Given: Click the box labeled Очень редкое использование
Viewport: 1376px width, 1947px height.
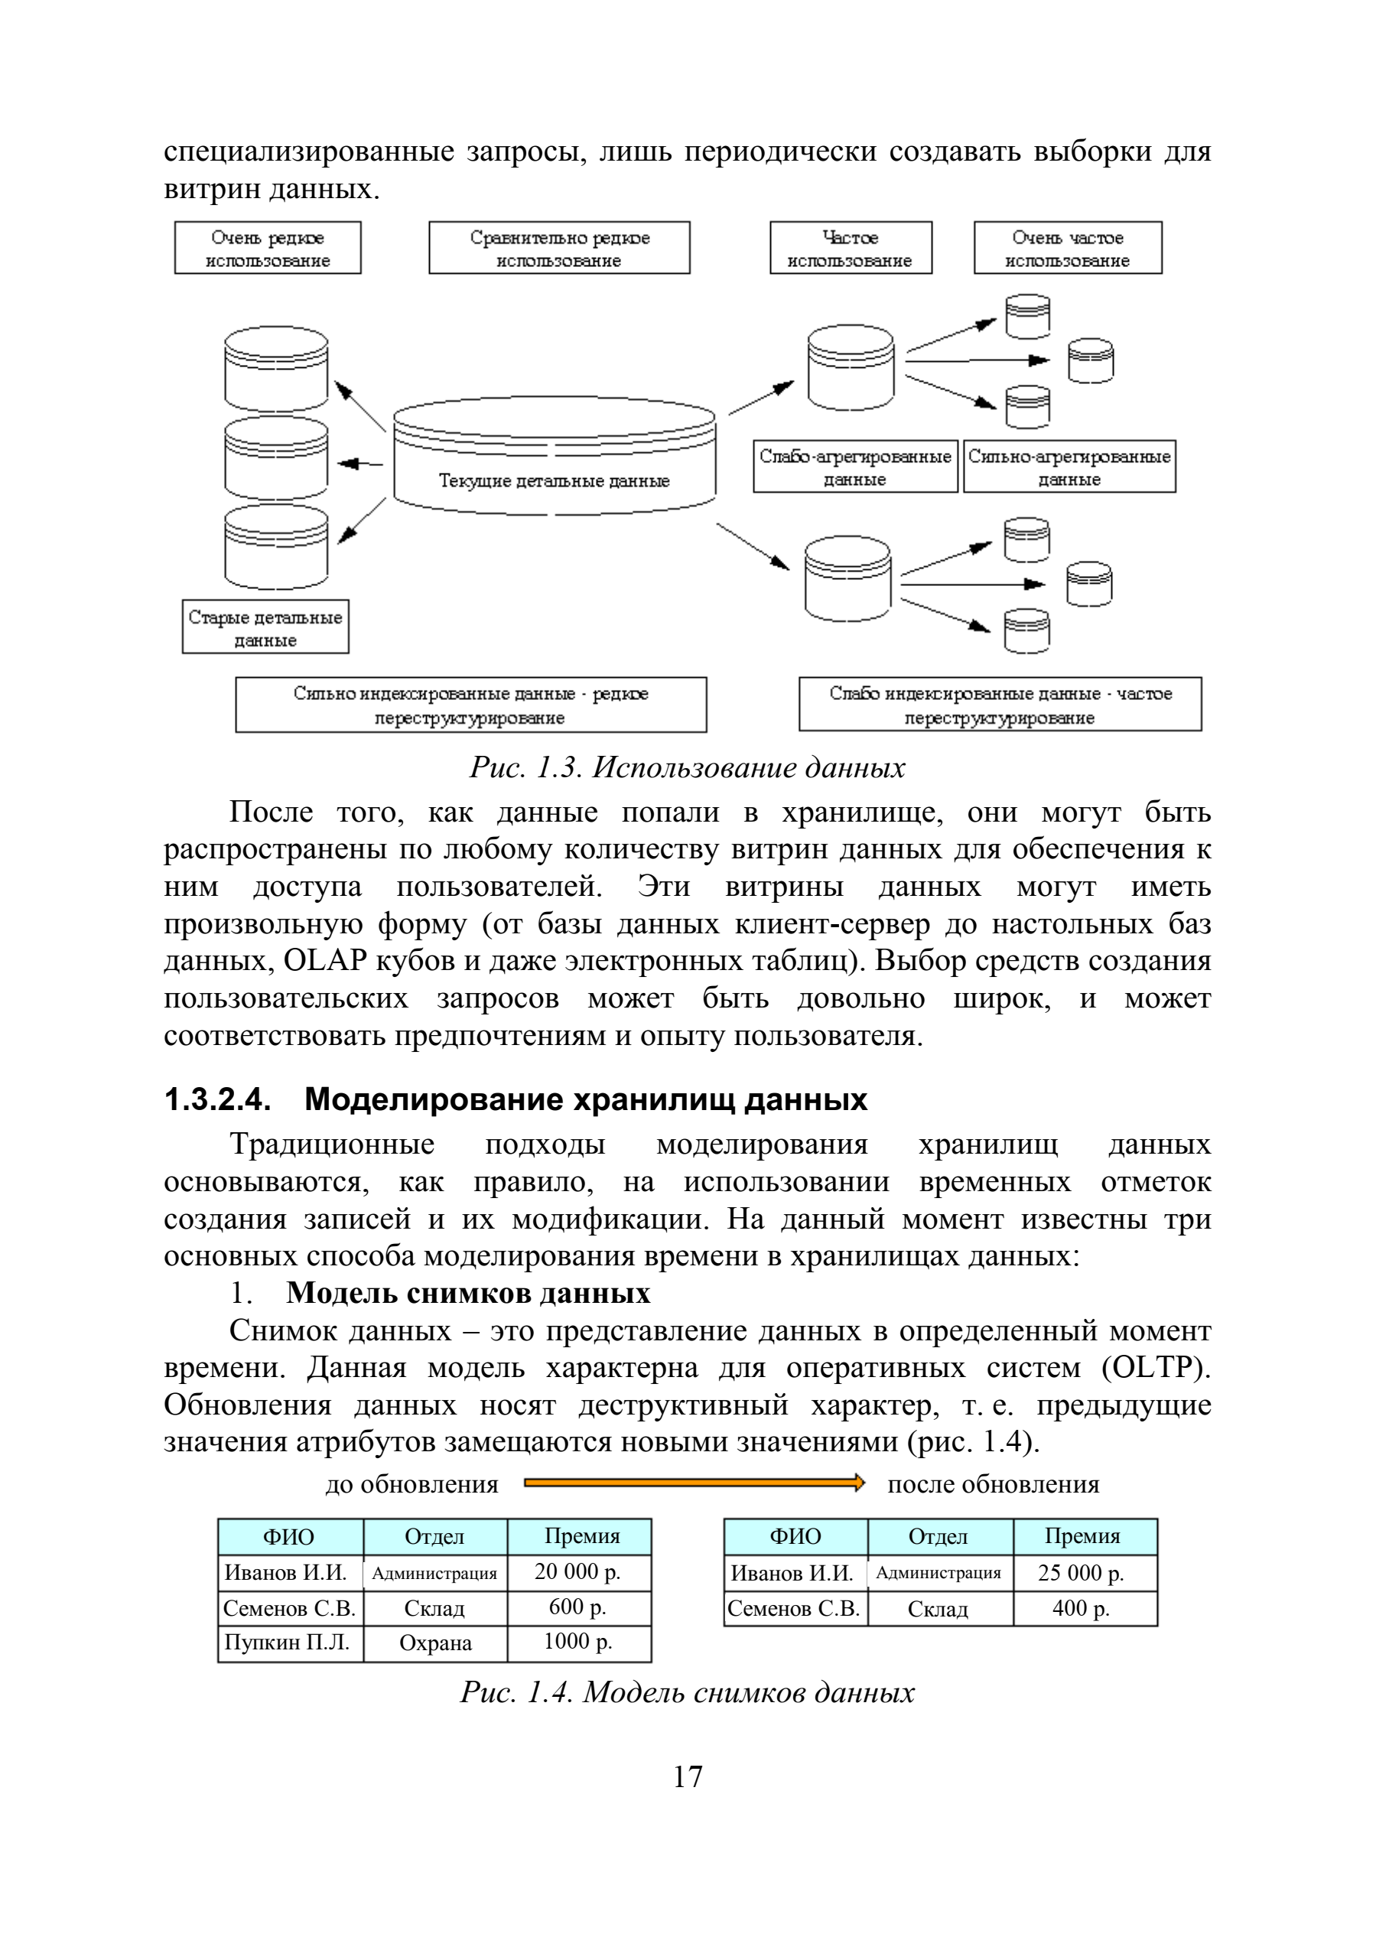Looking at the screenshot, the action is (268, 248).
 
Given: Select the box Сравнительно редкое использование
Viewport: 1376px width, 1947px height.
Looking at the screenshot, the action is (560, 248).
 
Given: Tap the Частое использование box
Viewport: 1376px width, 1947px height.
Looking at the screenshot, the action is (851, 248).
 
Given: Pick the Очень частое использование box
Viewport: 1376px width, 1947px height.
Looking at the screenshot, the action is (1068, 248).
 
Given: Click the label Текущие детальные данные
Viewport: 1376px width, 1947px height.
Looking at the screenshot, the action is (554, 480).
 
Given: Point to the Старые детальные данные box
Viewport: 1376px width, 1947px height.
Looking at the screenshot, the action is (265, 627).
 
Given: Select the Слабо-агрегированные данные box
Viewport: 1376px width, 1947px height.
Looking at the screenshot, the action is (855, 467).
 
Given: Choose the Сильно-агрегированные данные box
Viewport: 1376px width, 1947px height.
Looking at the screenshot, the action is (1070, 467).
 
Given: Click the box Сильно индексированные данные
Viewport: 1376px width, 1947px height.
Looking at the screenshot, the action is (471, 705).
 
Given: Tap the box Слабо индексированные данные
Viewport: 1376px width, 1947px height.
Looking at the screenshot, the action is (1000, 705).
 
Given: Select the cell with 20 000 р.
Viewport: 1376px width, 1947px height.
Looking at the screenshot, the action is (579, 1572).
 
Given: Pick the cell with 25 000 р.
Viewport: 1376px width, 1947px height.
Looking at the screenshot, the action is (1085, 1573).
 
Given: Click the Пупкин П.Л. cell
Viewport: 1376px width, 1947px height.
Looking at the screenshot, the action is (291, 1643).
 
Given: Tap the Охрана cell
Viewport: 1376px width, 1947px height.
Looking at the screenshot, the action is (436, 1643).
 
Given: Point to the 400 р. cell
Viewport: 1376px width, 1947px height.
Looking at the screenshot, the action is (1085, 1608).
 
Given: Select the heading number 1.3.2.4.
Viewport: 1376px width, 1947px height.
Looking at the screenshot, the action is (218, 1100).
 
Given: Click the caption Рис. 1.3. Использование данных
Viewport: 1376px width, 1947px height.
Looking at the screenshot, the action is (688, 767).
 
